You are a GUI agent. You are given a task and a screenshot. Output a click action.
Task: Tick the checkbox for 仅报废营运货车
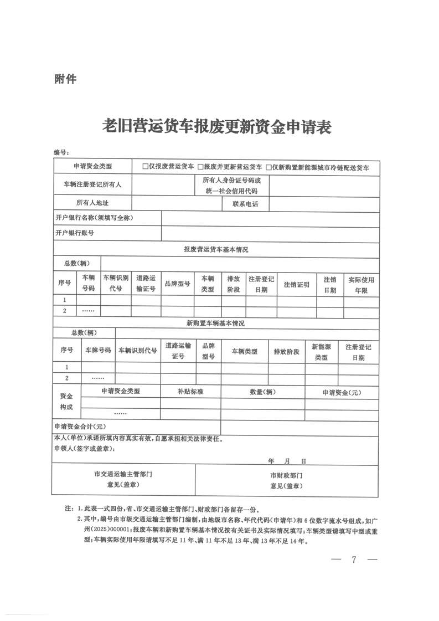click(146, 166)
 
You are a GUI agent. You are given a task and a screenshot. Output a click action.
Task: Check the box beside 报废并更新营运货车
click(200, 166)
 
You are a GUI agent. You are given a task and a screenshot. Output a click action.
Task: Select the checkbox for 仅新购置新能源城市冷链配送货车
click(269, 166)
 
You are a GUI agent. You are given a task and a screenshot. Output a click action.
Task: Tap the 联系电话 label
click(237, 203)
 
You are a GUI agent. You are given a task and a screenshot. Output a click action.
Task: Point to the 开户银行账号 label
click(75, 233)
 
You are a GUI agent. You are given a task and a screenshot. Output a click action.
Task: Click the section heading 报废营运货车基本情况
click(216, 249)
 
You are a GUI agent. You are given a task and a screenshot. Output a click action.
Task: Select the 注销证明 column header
click(296, 284)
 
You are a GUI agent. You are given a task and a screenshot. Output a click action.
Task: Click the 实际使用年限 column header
click(361, 284)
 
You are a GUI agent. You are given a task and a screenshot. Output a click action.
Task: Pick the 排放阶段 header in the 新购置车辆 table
click(286, 351)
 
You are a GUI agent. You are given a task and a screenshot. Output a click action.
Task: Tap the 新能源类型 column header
click(321, 351)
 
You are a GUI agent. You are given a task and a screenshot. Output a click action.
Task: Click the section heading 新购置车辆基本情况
click(216, 322)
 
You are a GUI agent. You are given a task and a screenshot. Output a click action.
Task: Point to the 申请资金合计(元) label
click(80, 427)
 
